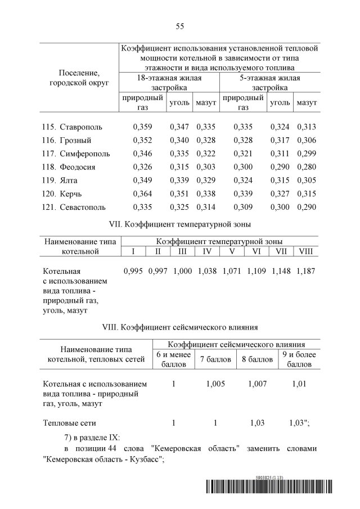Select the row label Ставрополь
coord(81,127)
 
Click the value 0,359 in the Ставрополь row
coord(142,127)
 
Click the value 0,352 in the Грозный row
coord(142,141)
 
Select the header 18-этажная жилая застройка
coord(169,83)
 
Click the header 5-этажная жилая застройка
coord(269,83)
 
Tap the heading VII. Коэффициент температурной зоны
coord(179,225)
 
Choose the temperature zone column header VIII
coord(306,251)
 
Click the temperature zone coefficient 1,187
coord(306,271)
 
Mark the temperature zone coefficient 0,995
coord(133,271)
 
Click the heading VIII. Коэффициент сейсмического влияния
coord(179,327)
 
